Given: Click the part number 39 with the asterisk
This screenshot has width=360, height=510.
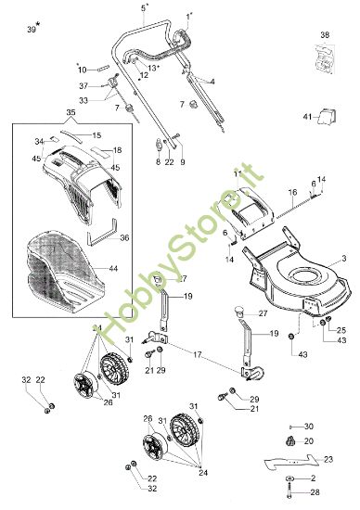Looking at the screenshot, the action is click(x=32, y=29).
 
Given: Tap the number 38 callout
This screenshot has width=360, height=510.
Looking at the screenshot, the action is click(x=325, y=35).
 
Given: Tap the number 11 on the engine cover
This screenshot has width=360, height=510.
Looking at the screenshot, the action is click(x=237, y=173).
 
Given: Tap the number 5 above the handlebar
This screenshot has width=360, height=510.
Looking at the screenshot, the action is click(x=144, y=7).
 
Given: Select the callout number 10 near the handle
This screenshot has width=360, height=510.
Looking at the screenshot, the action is click(x=82, y=69).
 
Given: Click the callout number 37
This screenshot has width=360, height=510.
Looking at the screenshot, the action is click(x=83, y=85).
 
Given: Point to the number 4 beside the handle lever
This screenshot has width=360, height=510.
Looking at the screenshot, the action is click(x=212, y=82).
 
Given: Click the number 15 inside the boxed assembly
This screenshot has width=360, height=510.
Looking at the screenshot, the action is click(x=96, y=135).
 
